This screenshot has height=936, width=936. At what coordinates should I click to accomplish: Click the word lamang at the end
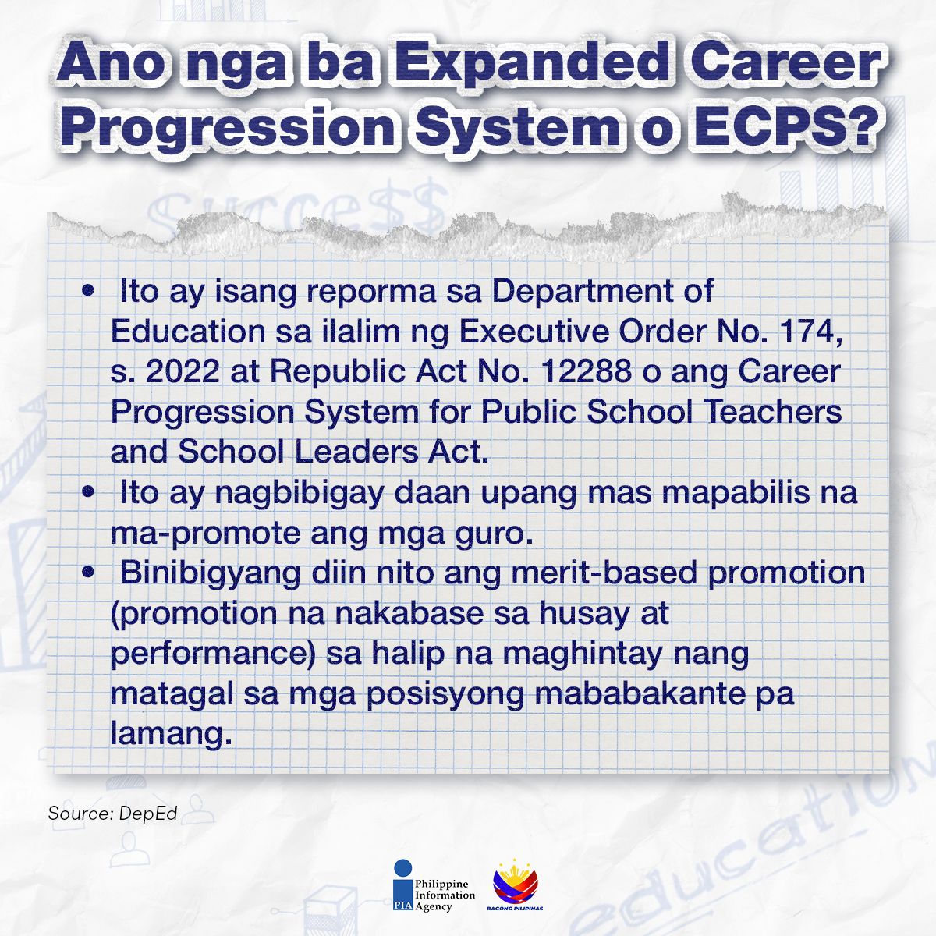pos(172,735)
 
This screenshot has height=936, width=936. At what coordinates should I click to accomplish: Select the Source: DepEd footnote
pos(113,814)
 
